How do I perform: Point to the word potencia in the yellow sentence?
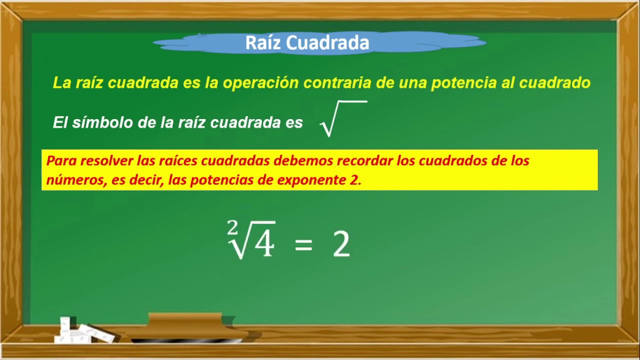tap(465, 82)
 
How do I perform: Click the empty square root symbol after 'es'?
tap(343, 118)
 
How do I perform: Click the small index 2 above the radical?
tap(232, 228)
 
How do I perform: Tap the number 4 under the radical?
tap(263, 244)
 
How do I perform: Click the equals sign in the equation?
tap(303, 245)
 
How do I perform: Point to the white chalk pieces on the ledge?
tap(80, 331)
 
